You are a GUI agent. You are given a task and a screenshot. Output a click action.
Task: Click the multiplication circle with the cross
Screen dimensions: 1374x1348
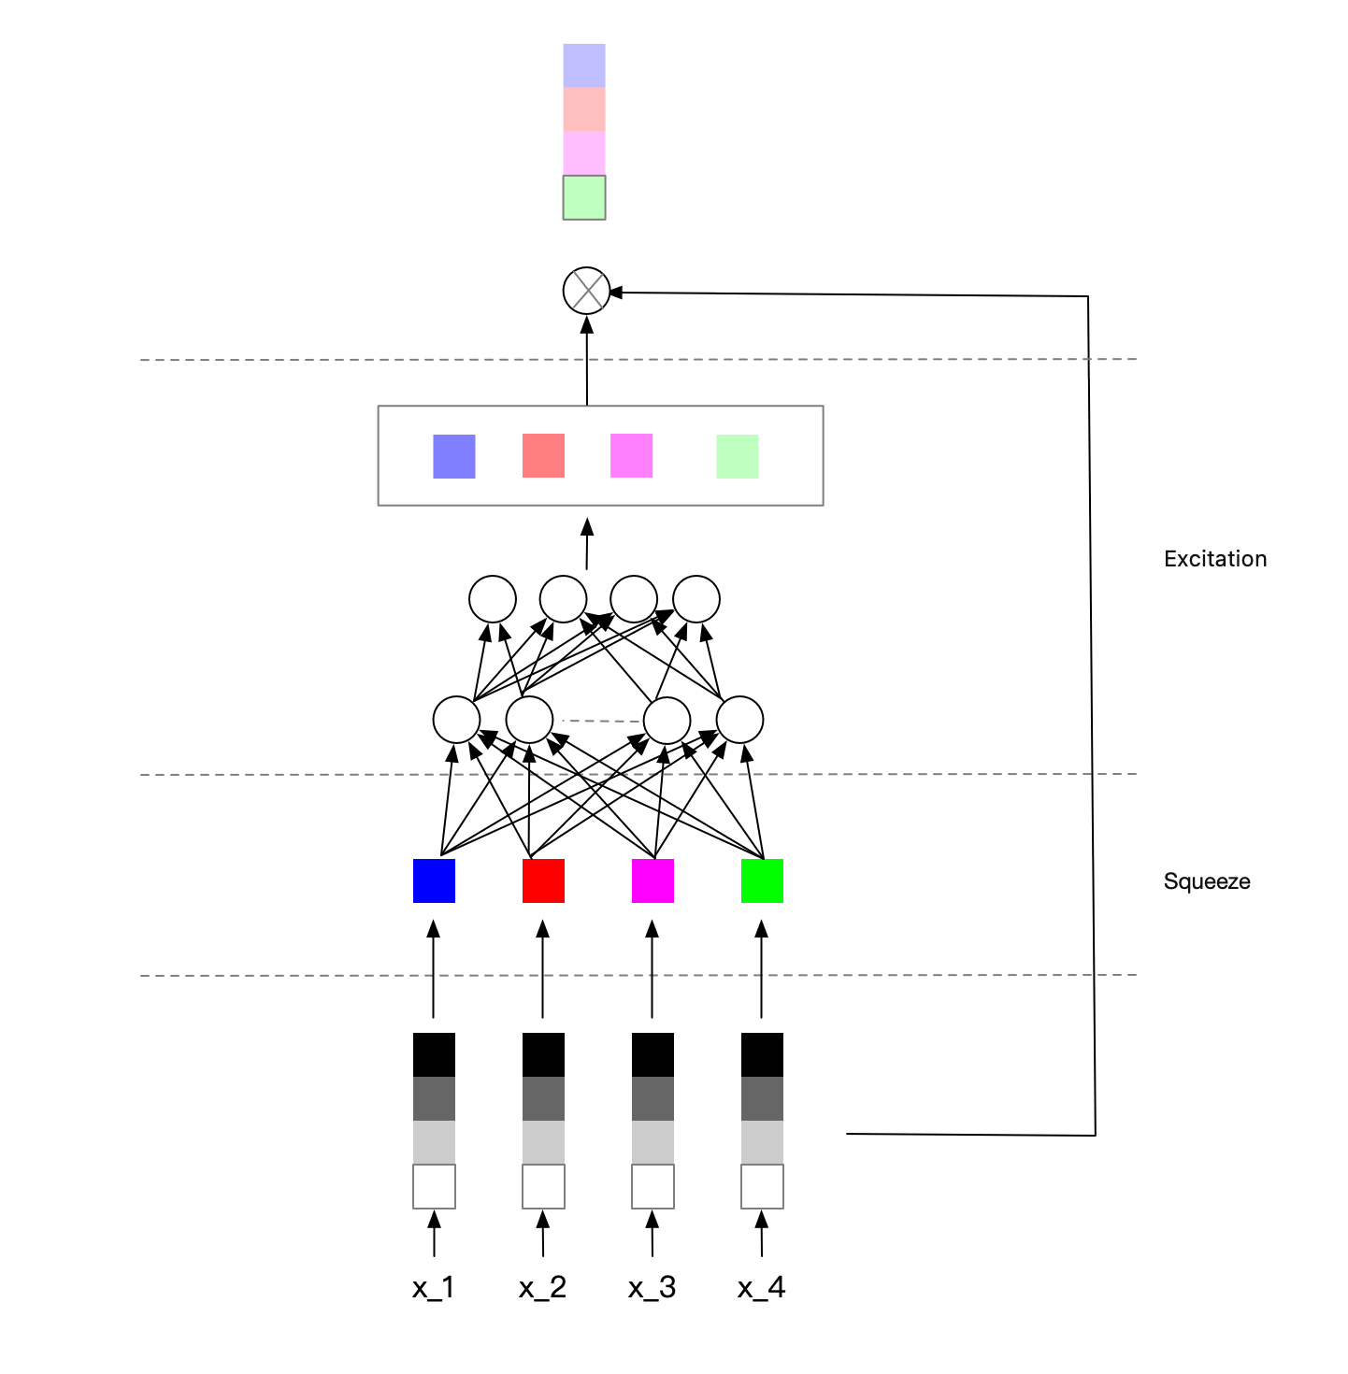[x=586, y=291]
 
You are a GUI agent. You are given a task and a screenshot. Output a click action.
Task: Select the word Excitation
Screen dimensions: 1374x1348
[x=1215, y=559]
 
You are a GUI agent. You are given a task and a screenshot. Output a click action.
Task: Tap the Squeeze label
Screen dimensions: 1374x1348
[x=1207, y=881]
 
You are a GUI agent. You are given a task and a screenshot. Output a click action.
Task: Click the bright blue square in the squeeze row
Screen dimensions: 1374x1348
[x=434, y=880]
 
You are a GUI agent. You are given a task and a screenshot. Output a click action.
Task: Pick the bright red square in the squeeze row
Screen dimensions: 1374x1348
[x=543, y=880]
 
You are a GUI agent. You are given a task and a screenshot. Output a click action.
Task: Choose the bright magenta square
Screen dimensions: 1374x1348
[x=652, y=880]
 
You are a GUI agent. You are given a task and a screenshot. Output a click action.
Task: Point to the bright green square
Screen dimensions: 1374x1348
[x=762, y=880]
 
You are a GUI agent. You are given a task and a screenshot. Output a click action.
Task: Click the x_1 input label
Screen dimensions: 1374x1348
[x=433, y=1288]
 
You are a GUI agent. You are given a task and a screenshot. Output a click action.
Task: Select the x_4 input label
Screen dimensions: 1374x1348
[x=761, y=1288]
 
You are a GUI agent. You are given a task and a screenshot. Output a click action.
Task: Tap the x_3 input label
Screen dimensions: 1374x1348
[x=652, y=1288]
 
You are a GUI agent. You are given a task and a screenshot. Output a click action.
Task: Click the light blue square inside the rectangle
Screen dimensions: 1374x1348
[x=454, y=456]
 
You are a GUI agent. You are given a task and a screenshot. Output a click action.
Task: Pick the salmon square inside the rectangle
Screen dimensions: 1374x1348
[x=543, y=455]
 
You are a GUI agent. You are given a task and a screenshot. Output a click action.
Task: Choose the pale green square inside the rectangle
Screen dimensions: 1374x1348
[x=737, y=456]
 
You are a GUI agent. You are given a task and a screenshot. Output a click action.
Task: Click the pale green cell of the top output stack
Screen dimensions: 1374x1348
[x=584, y=197]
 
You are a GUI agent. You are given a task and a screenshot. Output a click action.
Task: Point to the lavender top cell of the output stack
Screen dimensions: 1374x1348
[x=584, y=65]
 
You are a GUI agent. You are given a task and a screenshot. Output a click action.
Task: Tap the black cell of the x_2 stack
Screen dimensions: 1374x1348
[x=543, y=1054]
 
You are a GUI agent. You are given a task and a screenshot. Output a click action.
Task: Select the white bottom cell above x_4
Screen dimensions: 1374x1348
[x=762, y=1186]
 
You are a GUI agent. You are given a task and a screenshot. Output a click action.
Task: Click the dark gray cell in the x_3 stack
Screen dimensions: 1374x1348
[x=652, y=1098]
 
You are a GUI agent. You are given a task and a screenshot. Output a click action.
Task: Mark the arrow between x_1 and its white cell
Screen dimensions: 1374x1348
[x=434, y=1234]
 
